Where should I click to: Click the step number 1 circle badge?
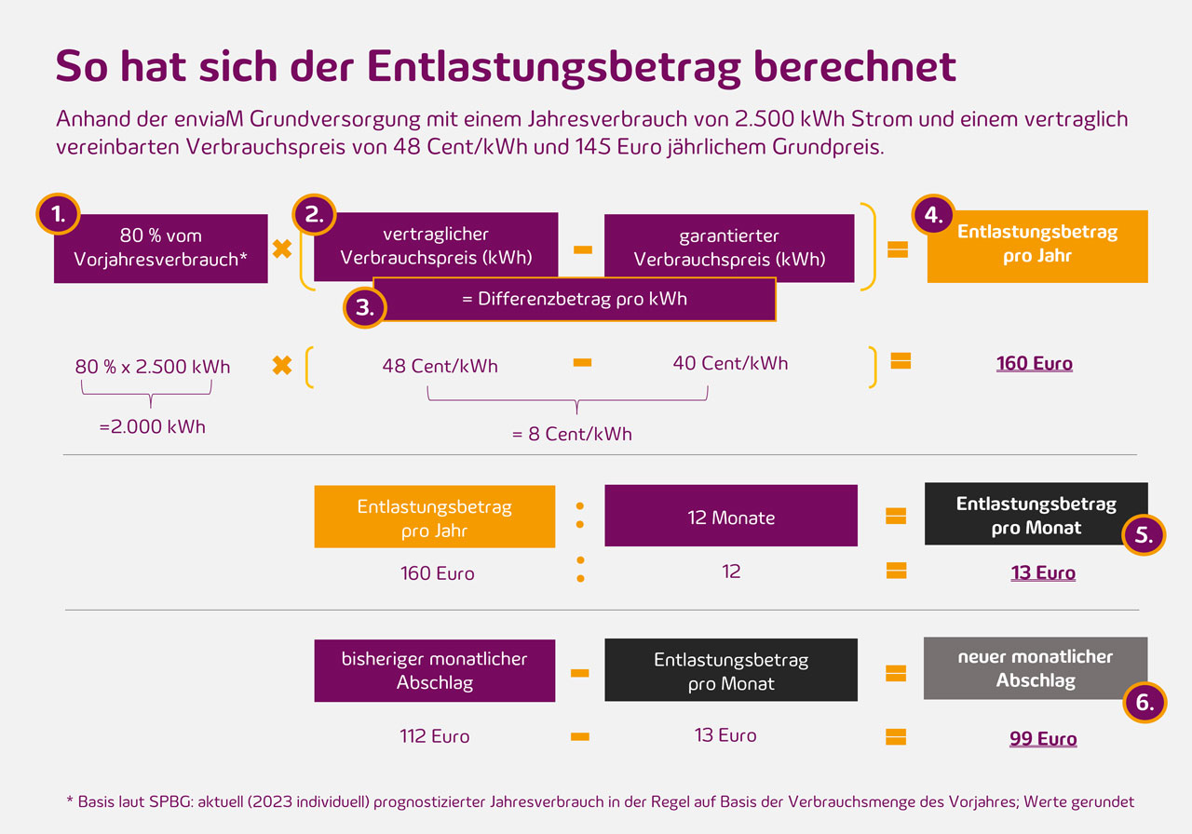click(58, 214)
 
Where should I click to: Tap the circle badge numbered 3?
click(365, 307)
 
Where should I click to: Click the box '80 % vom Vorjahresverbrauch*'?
click(160, 249)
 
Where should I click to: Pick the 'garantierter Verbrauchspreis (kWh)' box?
click(729, 248)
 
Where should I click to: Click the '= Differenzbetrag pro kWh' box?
click(574, 299)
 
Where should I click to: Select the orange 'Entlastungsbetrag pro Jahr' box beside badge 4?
click(1037, 247)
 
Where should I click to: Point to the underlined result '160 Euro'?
click(1034, 363)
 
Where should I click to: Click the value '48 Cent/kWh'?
click(440, 366)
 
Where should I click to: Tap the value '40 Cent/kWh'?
click(730, 363)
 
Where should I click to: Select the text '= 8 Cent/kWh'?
click(572, 434)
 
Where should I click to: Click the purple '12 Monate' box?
click(730, 517)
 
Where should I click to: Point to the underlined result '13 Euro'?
click(1043, 572)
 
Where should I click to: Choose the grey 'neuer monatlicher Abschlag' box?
click(1035, 668)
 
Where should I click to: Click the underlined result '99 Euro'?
click(1043, 739)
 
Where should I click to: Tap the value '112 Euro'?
click(434, 736)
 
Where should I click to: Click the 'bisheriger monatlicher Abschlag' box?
click(434, 670)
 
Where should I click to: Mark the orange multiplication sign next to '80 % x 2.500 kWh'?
click(281, 365)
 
